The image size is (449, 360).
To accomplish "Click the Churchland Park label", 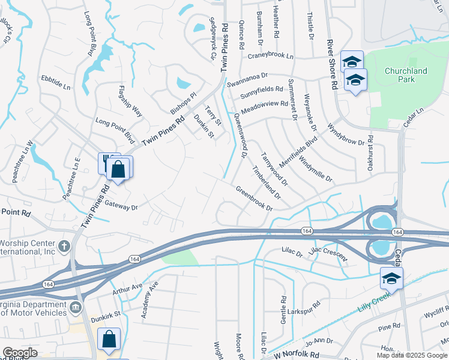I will (x=406, y=76).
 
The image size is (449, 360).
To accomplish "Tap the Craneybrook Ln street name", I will (x=271, y=56).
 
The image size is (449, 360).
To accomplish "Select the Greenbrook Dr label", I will (x=254, y=200).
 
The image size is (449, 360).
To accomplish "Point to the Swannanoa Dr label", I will (x=248, y=77).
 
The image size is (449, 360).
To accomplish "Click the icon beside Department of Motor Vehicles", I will (x=74, y=308).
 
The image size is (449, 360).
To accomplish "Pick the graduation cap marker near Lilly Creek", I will (x=391, y=278).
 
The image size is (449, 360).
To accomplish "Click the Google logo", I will (x=20, y=353).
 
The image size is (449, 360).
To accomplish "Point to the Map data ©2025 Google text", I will (x=412, y=355).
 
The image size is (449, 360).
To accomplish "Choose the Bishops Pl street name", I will (x=183, y=103).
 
